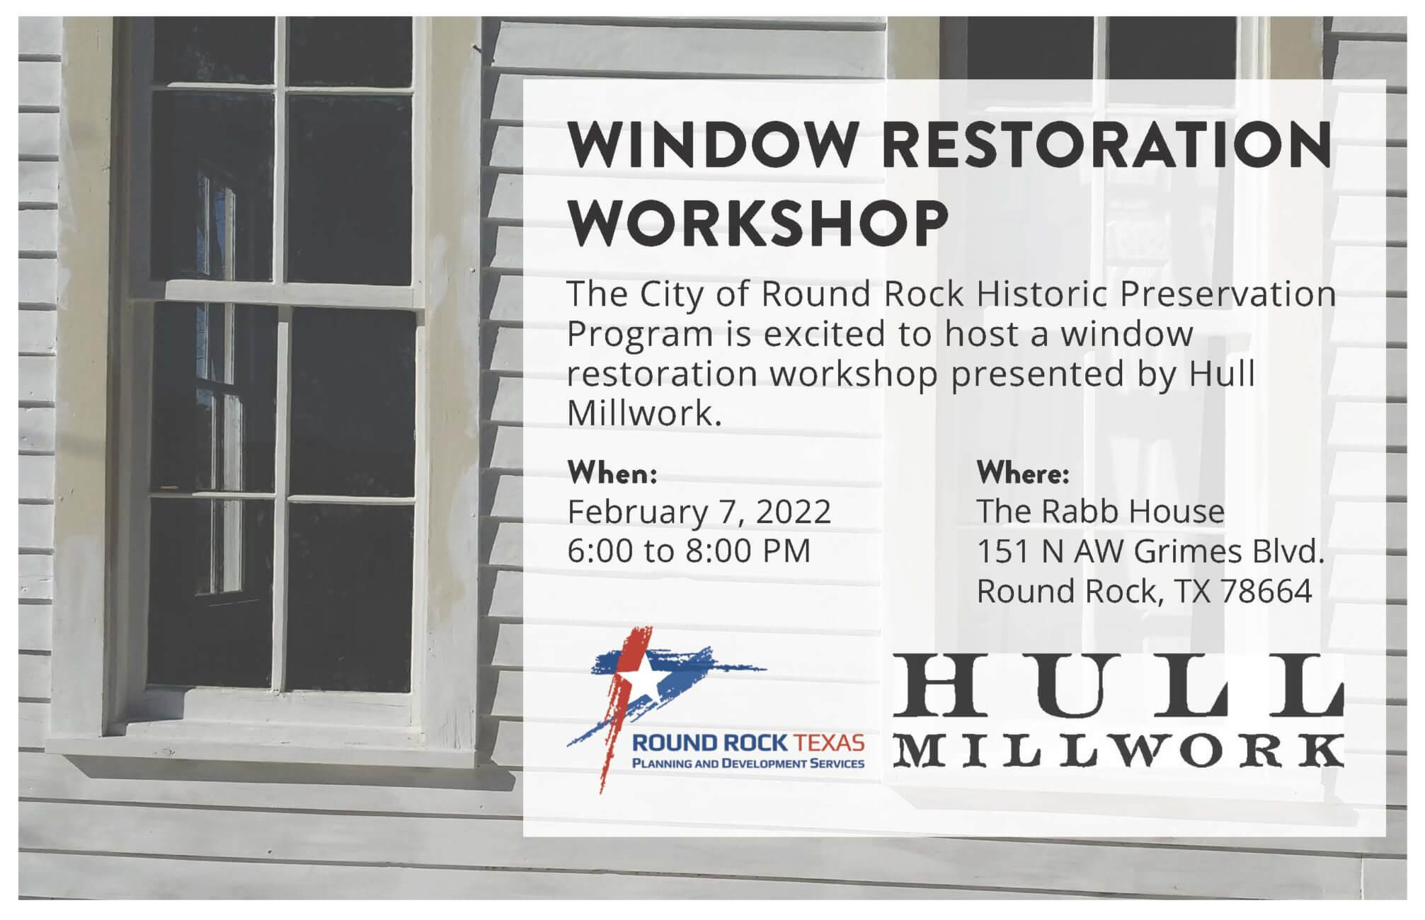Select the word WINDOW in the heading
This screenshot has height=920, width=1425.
pos(711,144)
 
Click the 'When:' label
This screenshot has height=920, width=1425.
pos(612,473)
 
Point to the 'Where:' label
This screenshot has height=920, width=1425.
pos(1022,473)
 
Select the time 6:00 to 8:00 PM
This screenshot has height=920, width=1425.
pos(689,551)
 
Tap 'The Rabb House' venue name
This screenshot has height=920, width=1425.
pos(1100,511)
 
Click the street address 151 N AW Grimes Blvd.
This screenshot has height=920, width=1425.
pos(1150,551)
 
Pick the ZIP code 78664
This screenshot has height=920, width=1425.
pos(1266,591)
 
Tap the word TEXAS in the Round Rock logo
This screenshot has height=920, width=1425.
pos(830,744)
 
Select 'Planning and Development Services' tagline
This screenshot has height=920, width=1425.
pos(748,763)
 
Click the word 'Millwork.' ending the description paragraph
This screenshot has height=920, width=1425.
pos(644,414)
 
